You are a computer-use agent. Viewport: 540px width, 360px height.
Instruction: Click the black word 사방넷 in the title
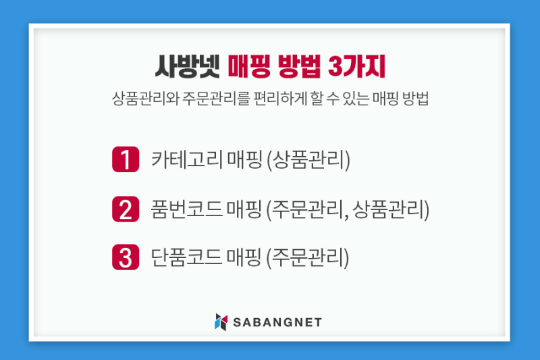[x=188, y=66]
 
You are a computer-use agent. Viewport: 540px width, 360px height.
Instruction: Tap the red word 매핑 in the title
[x=249, y=66]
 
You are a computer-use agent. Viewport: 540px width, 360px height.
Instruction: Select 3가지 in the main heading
[x=356, y=66]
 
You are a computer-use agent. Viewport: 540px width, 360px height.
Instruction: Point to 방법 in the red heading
[x=299, y=66]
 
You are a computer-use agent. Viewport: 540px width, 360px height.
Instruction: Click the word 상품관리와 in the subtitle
[x=145, y=99]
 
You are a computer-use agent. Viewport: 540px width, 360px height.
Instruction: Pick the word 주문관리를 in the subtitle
[x=215, y=99]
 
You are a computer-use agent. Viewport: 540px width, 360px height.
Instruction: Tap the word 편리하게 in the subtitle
[x=280, y=99]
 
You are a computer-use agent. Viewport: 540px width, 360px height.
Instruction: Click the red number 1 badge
[x=126, y=159]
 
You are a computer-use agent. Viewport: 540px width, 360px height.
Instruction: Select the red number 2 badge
[x=126, y=209]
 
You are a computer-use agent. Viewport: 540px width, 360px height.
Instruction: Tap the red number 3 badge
[x=126, y=257]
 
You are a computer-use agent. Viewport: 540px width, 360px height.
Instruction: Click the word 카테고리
[x=187, y=159]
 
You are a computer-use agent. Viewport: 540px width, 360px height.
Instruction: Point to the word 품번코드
[x=187, y=209]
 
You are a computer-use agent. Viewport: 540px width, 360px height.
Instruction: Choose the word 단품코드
[x=187, y=257]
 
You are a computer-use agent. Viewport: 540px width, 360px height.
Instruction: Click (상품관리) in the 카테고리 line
[x=308, y=160]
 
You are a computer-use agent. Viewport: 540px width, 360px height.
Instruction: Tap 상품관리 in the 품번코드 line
[x=389, y=209]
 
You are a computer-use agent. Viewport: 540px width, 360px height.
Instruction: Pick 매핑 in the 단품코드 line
[x=244, y=257]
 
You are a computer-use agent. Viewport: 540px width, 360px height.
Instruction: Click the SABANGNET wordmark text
[x=277, y=322]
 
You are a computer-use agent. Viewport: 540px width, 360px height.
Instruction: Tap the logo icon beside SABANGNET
[x=221, y=322]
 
